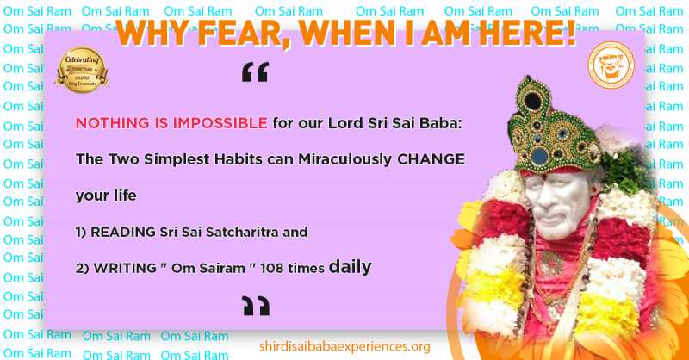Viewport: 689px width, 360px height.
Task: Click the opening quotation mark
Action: (x=255, y=74)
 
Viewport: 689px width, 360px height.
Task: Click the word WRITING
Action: (x=122, y=269)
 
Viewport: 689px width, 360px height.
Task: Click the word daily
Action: (x=350, y=268)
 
